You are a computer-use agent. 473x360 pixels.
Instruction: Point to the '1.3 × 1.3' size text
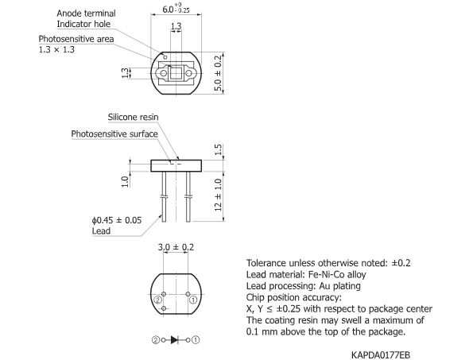[x=57, y=50]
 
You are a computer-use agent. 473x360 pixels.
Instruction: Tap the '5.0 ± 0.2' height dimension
[x=219, y=72]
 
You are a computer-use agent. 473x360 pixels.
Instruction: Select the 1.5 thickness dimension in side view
[x=219, y=151]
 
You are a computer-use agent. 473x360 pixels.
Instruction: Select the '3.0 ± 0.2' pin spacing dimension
[x=174, y=248]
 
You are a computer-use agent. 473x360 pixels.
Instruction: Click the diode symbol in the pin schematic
[x=174, y=339]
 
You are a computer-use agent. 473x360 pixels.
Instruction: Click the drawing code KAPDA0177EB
[x=380, y=353]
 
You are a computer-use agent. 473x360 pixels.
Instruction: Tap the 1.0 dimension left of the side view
[x=125, y=180]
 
